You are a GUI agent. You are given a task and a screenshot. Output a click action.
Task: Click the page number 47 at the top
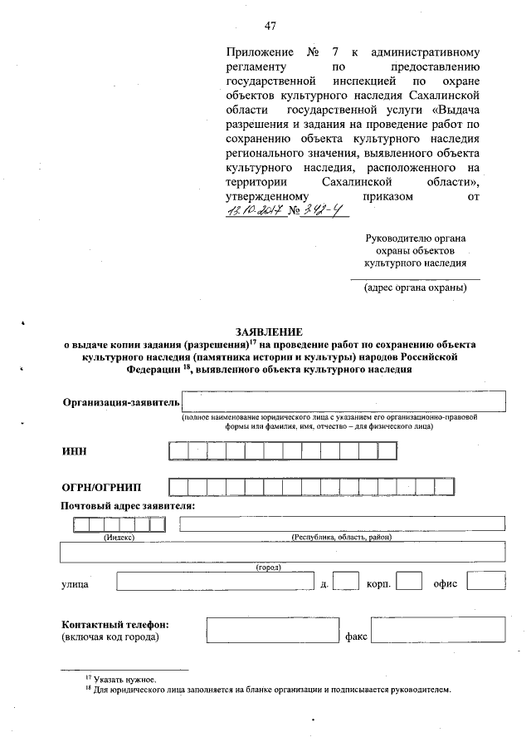pyautogui.click(x=270, y=27)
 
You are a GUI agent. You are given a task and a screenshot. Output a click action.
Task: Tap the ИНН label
pyautogui.click(x=74, y=450)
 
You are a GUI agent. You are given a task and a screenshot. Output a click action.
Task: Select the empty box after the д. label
pyautogui.click(x=345, y=581)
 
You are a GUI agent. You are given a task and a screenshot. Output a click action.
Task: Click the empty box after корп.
pyautogui.click(x=409, y=581)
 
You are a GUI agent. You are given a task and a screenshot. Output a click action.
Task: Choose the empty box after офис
pyautogui.click(x=491, y=581)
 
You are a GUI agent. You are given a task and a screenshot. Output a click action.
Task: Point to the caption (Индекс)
pyautogui.click(x=119, y=537)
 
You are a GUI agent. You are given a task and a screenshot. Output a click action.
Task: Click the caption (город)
pyautogui.click(x=268, y=567)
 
